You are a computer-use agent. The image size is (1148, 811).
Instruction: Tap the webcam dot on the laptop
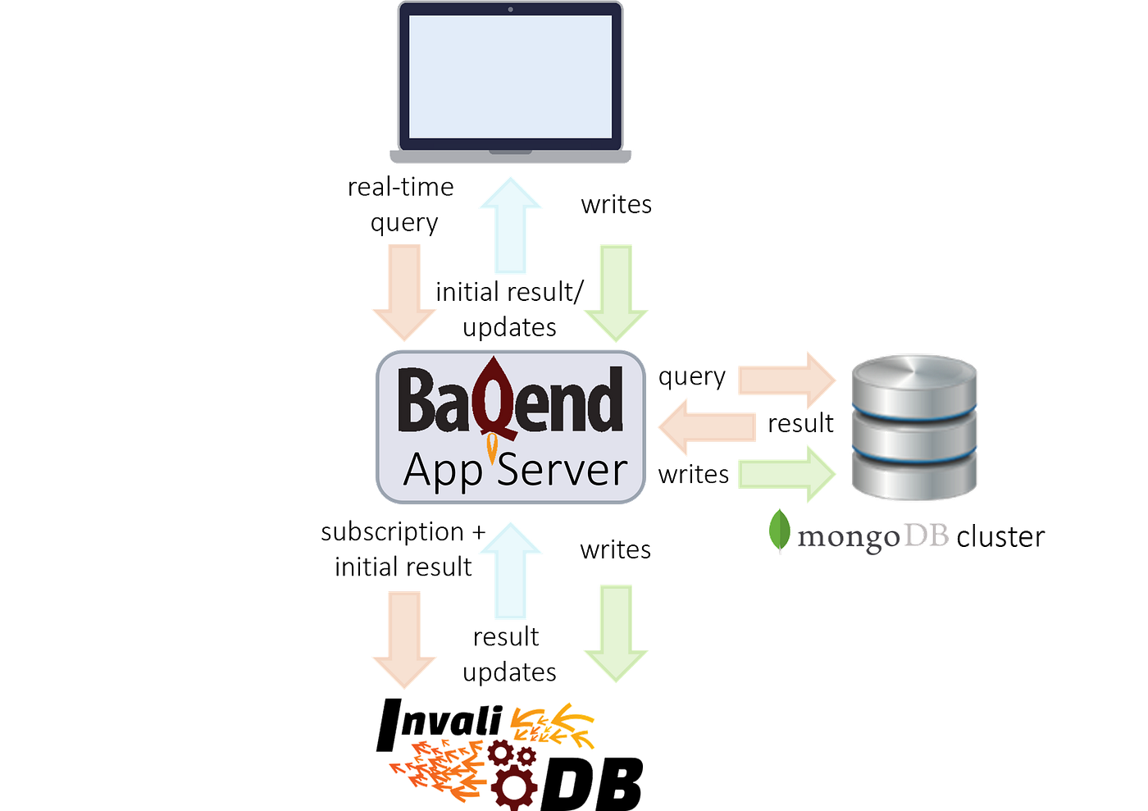[x=510, y=10]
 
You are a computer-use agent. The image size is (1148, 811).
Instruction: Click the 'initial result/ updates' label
[x=510, y=309]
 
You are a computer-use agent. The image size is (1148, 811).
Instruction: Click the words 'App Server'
[x=515, y=471]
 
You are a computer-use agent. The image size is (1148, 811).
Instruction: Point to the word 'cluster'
[x=1000, y=537]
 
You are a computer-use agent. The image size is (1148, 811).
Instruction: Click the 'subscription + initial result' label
[x=403, y=549]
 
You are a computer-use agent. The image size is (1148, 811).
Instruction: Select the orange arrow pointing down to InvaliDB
[x=404, y=640]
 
